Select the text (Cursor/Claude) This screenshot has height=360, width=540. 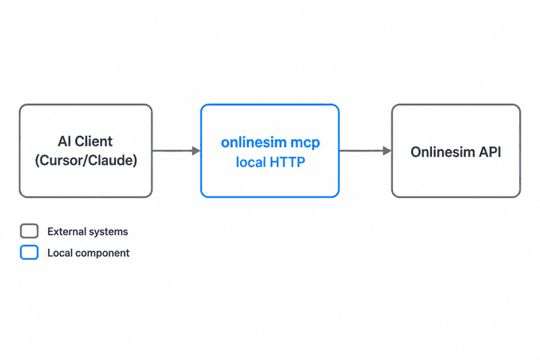pyautogui.click(x=86, y=160)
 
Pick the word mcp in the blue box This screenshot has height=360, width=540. pyautogui.click(x=305, y=143)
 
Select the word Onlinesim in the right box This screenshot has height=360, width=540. pyautogui.click(x=439, y=152)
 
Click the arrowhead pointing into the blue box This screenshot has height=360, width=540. pyautogui.click(x=196, y=151)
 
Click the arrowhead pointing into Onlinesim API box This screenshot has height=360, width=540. pyautogui.click(x=387, y=151)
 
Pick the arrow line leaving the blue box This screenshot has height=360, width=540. pyautogui.click(x=365, y=151)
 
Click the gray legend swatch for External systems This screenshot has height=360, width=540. pyautogui.click(x=29, y=231)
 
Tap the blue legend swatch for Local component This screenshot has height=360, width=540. pyautogui.click(x=29, y=253)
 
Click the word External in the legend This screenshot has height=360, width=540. pyautogui.click(x=64, y=232)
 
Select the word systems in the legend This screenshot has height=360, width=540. pyautogui.click(x=106, y=232)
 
